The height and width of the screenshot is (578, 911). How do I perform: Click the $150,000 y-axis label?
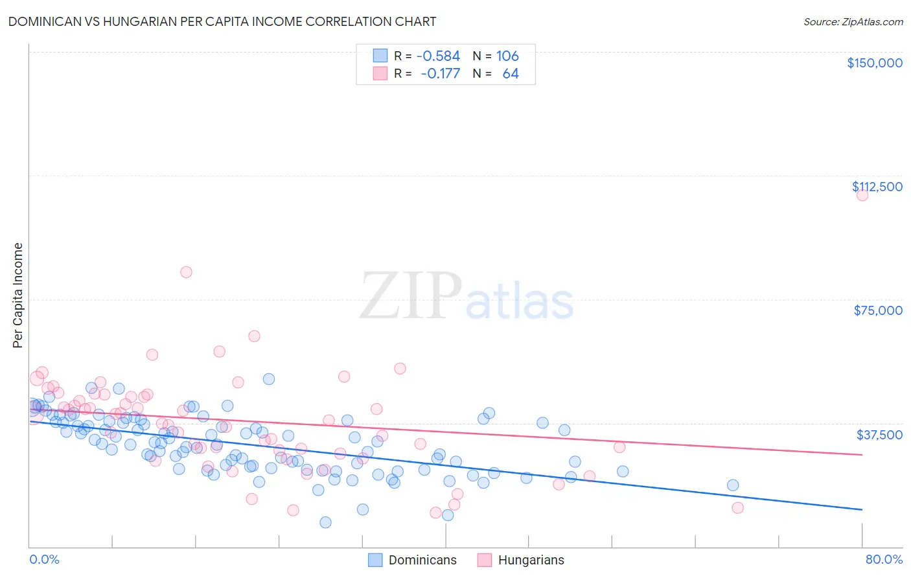pyautogui.click(x=874, y=63)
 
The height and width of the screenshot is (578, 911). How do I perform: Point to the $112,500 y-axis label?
pyautogui.click(x=877, y=187)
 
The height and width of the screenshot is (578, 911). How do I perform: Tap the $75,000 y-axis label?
pyautogui.click(x=878, y=310)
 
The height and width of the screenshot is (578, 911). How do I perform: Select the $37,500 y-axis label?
pyautogui.click(x=879, y=434)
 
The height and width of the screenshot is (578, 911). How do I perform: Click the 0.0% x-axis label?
pyautogui.click(x=44, y=559)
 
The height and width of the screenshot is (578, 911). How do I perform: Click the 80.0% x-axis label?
pyautogui.click(x=884, y=559)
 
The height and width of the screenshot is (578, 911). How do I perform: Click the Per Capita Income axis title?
pyautogui.click(x=18, y=295)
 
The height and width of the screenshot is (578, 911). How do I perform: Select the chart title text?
pyautogui.click(x=222, y=21)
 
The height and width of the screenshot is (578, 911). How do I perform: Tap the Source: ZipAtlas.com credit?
pyautogui.click(x=853, y=22)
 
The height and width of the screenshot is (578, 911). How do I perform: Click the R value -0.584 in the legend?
pyautogui.click(x=438, y=56)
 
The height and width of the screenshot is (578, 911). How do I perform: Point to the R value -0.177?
pyautogui.click(x=440, y=74)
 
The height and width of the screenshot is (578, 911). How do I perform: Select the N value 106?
pyautogui.click(x=507, y=56)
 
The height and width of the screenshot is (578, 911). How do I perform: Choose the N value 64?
pyautogui.click(x=511, y=74)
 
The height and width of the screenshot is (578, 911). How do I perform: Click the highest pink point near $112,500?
pyautogui.click(x=862, y=195)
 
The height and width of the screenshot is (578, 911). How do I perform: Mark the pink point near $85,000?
pyautogui.click(x=186, y=272)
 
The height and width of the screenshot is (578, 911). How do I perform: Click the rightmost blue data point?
pyautogui.click(x=733, y=485)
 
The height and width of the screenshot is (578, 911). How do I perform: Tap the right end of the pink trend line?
pyautogui.click(x=862, y=455)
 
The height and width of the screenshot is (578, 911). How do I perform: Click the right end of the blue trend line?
pyautogui.click(x=862, y=510)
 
